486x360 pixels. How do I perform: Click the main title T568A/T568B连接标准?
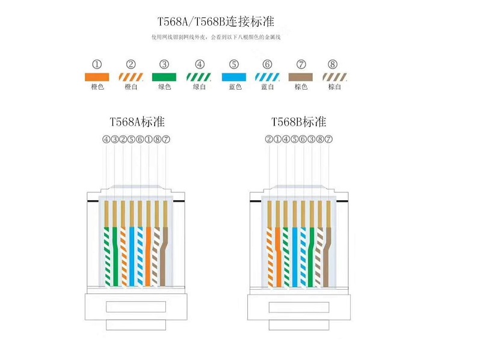(x=216, y=22)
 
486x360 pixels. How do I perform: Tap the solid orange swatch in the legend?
(x=97, y=77)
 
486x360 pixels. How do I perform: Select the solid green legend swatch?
(x=164, y=77)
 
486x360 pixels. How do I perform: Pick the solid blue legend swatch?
(x=234, y=77)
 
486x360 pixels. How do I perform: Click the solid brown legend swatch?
(x=301, y=77)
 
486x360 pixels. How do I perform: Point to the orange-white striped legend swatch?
(x=131, y=77)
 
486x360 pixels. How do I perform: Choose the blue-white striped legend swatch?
(x=267, y=77)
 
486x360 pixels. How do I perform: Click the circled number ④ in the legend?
(x=200, y=64)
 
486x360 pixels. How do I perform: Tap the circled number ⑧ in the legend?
(x=333, y=64)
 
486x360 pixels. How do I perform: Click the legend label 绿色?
(x=164, y=87)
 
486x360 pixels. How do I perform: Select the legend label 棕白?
(x=334, y=87)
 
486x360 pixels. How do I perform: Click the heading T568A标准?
(x=137, y=122)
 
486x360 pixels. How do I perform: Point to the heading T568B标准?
(x=299, y=122)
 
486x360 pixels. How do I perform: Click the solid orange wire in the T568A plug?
(x=149, y=257)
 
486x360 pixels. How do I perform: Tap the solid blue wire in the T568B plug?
(x=295, y=257)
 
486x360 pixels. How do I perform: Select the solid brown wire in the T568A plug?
(x=164, y=257)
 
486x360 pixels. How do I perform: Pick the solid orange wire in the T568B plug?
(x=278, y=257)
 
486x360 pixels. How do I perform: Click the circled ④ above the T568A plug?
(x=106, y=139)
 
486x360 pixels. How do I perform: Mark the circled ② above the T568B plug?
(x=269, y=139)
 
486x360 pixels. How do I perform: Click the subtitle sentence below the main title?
(x=216, y=37)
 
